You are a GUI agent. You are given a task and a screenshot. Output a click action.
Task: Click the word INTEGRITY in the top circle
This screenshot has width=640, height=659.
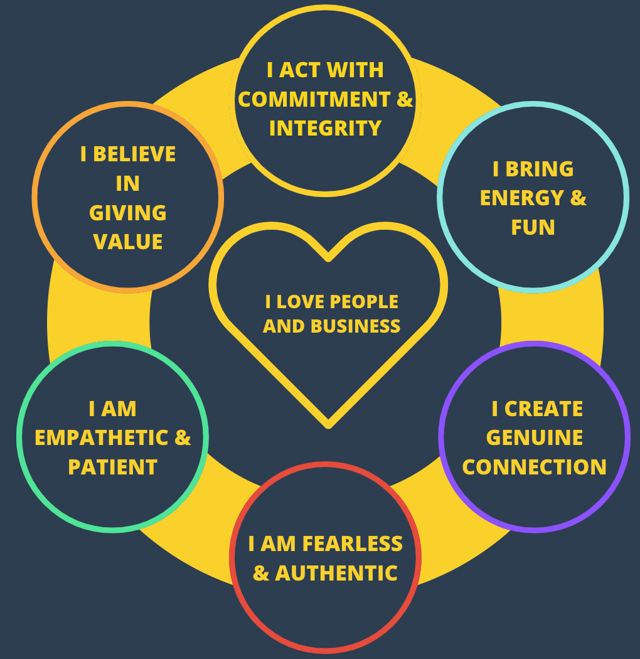325,128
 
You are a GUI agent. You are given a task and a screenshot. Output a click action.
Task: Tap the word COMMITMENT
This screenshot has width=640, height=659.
313,99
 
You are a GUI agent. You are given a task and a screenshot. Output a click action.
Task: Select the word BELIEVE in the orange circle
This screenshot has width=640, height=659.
135,154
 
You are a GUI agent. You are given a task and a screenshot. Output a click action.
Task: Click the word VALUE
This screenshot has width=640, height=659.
128,242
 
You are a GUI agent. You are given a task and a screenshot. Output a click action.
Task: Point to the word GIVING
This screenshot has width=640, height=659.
128,213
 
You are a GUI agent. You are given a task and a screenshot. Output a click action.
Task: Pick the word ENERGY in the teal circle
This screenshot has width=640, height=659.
521,198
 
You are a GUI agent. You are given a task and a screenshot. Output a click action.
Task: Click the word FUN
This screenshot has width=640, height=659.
533,227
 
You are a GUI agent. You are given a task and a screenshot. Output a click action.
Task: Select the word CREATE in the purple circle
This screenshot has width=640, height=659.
544,409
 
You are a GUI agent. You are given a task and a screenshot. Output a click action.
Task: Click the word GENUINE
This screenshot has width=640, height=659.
535,437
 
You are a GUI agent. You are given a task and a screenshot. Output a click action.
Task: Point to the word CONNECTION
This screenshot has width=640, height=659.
535,467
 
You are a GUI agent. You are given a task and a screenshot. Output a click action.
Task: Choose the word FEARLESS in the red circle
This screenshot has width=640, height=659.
353,544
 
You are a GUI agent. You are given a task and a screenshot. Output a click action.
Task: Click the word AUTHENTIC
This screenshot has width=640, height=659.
336,573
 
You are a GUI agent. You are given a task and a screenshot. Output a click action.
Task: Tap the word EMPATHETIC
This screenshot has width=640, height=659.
102,437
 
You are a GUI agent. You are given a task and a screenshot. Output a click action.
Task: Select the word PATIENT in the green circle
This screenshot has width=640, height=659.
112,467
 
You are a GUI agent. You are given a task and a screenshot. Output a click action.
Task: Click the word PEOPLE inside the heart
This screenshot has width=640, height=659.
364,302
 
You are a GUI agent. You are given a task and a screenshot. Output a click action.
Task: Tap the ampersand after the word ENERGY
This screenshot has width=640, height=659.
578,198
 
